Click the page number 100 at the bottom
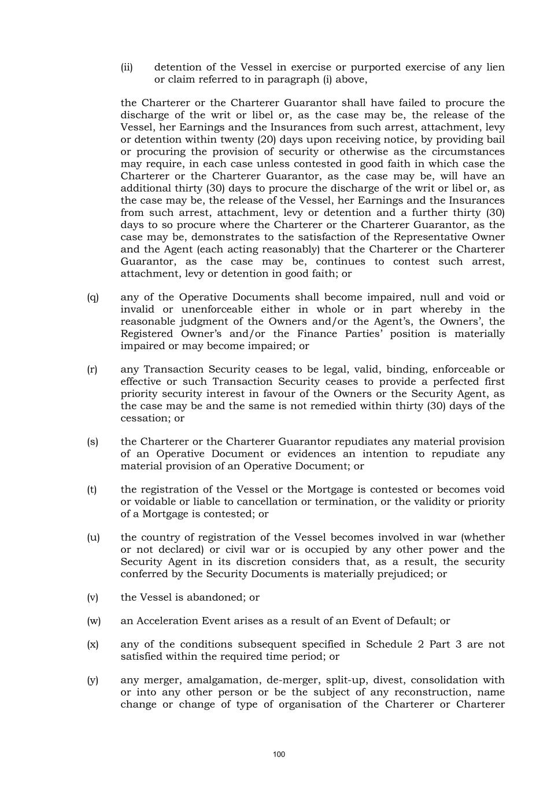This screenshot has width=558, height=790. [x=279, y=754]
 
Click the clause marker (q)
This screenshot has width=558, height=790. [x=93, y=297]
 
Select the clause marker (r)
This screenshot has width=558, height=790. [x=93, y=369]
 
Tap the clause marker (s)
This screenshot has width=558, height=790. [x=93, y=442]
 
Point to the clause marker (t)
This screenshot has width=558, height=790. [x=92, y=490]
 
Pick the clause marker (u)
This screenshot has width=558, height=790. [x=93, y=538]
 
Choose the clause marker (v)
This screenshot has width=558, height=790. [x=93, y=597]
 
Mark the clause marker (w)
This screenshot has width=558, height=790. [x=94, y=621]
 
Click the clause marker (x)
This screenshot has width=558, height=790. [x=93, y=645]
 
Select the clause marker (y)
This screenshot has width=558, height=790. [x=93, y=681]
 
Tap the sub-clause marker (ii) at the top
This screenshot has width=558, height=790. [x=127, y=67]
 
